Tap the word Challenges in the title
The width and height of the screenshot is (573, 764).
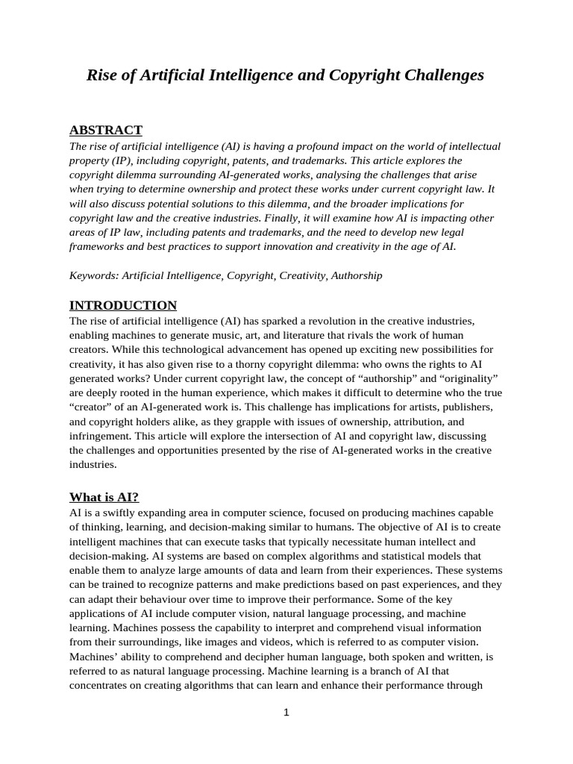click(445, 75)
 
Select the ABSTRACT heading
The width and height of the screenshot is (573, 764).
click(105, 130)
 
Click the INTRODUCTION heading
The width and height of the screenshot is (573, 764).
click(123, 305)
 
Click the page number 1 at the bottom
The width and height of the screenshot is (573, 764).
click(286, 713)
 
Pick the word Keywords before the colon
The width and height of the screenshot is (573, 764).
click(93, 275)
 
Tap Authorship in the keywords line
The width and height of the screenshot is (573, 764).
click(357, 275)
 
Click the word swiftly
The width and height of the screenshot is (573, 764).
click(121, 513)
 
